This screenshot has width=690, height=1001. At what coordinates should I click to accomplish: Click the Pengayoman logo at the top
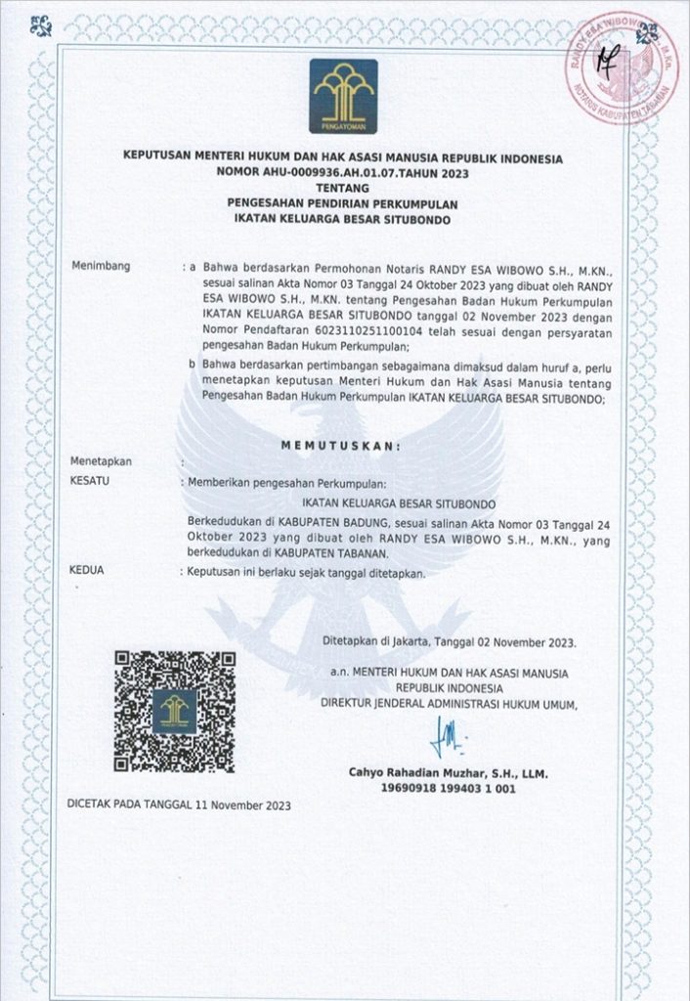click(x=344, y=96)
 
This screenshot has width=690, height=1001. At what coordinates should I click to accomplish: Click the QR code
click(x=175, y=710)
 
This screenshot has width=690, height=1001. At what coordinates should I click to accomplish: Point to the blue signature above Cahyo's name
click(x=448, y=734)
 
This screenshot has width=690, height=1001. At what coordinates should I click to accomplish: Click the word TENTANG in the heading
click(x=344, y=188)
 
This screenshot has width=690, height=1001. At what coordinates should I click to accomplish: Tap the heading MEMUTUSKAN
click(x=342, y=446)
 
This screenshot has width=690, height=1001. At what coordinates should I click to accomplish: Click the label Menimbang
click(x=101, y=267)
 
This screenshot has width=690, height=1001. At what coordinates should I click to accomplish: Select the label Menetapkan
click(x=101, y=461)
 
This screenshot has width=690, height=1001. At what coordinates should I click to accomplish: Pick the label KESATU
click(x=92, y=482)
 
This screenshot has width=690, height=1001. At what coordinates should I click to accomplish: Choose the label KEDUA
click(x=90, y=569)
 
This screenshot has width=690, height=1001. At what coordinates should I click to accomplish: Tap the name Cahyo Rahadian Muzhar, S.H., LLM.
click(x=449, y=773)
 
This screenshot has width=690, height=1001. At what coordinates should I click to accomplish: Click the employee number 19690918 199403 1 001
click(x=449, y=789)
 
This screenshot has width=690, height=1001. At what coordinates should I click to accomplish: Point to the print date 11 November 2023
click(x=248, y=805)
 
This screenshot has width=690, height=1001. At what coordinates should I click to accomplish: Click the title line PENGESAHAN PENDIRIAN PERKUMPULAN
click(x=344, y=203)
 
